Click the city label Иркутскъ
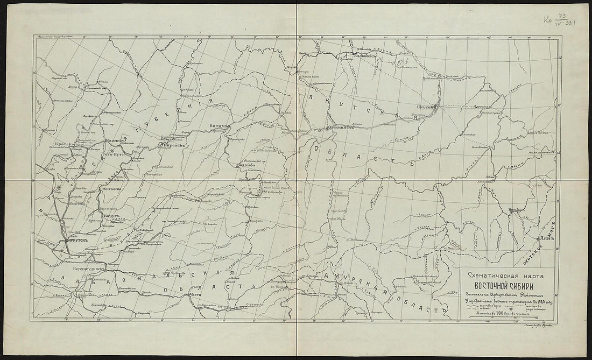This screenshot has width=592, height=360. (x=75, y=241)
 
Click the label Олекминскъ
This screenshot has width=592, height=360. (x=340, y=128)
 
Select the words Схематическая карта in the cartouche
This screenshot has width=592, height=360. (x=498, y=275)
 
